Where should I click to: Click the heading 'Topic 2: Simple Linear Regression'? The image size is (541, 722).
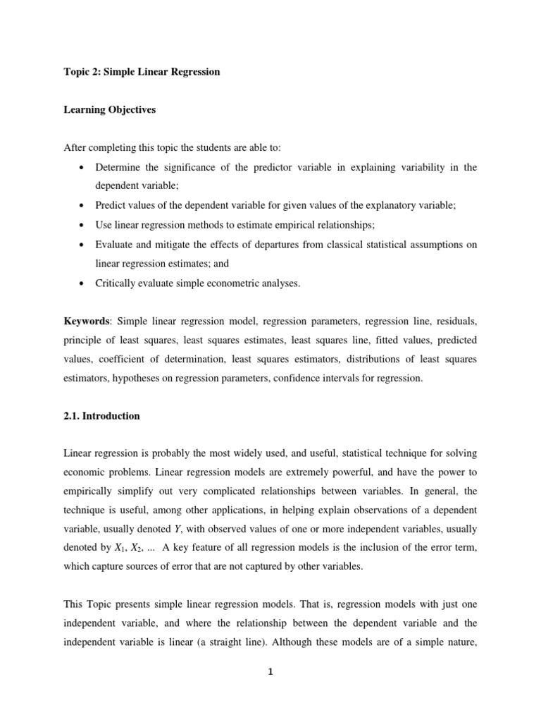pyautogui.click(x=142, y=73)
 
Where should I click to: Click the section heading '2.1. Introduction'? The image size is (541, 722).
pyautogui.click(x=101, y=416)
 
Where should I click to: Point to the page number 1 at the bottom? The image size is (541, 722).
pyautogui.click(x=270, y=671)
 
